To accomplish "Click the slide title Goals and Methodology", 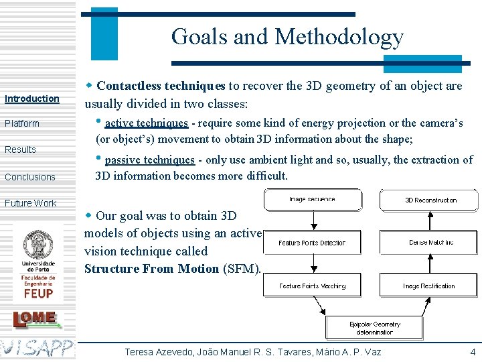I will coord(287,36).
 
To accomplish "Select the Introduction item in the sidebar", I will coord(32,99).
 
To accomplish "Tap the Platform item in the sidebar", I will coord(22,123).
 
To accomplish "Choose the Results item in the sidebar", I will coord(20,149).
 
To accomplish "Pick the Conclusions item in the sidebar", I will coord(30,177).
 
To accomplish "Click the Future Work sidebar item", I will coord(31,203).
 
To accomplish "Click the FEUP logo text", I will coord(38,292).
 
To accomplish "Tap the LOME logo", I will coord(37,319).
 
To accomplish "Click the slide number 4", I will coord(473,351).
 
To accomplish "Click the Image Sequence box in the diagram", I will coord(312,200).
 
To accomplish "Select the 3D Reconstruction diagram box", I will coord(430,200).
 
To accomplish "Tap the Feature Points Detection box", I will coord(312,243).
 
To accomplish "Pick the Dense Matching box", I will coord(430,243).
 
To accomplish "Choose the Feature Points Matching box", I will coord(312,286).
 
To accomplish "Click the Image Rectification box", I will coord(430,286).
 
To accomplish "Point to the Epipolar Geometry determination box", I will coord(375,328).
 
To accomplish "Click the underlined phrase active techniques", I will coord(146,123).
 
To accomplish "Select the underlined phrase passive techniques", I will coord(149,160).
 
